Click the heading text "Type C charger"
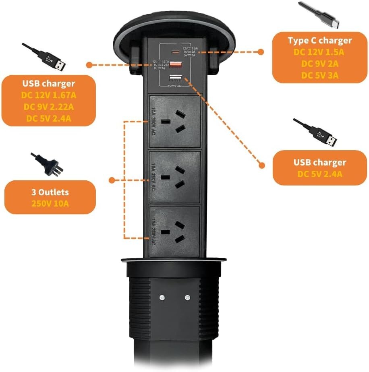(319, 40)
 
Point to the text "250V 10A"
(50, 203)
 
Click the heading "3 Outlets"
(50, 192)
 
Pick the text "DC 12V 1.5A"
(319, 52)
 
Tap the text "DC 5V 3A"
(319, 75)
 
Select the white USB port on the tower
(175, 78)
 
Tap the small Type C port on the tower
(175, 52)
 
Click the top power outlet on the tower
(174, 121)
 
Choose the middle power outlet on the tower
(174, 177)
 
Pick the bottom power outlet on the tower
(174, 232)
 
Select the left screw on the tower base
(162, 298)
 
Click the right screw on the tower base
(187, 298)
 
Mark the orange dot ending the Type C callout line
(261, 52)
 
